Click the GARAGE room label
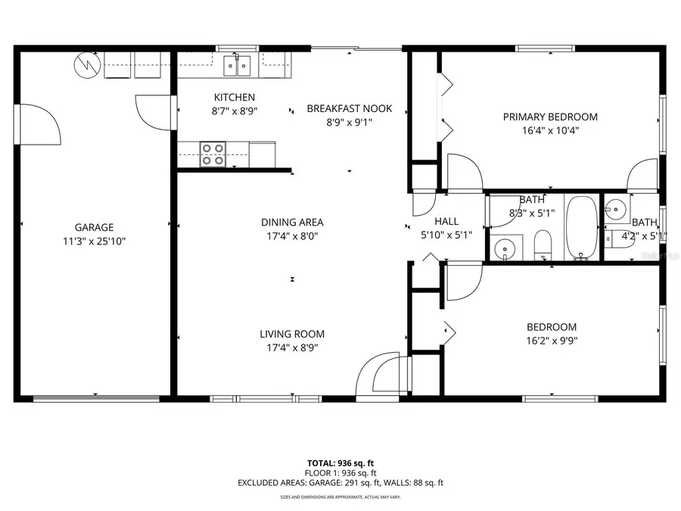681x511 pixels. [94, 227]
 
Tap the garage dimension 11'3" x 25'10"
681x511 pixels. [94, 241]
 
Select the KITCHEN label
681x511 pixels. [234, 97]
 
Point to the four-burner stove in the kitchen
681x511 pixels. [213, 154]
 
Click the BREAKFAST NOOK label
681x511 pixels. [349, 108]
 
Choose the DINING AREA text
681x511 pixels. [292, 222]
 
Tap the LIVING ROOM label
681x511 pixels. [292, 334]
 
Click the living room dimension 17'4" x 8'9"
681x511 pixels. [292, 348]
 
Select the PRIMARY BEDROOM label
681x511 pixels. [550, 117]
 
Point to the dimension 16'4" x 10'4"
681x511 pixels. [550, 130]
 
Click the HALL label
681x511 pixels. [446, 221]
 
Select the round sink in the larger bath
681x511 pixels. [502, 247]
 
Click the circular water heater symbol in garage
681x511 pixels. [86, 66]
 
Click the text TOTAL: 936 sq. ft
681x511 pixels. [340, 463]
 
